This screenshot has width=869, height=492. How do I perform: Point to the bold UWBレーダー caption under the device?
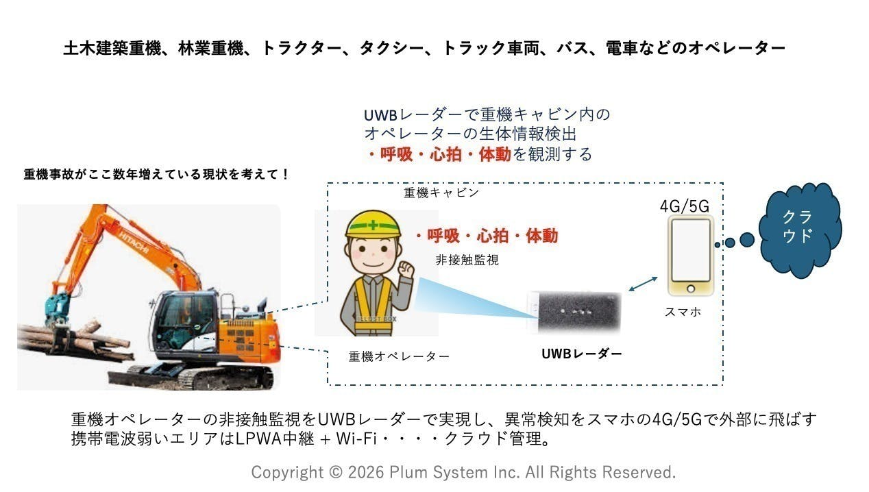tap(582, 354)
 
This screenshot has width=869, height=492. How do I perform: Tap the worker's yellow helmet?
tap(372, 223)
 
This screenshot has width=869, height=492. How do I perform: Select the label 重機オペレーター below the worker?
tap(399, 356)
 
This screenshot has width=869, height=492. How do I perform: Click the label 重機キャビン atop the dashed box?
tap(441, 193)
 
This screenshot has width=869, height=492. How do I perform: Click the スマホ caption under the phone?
tap(683, 312)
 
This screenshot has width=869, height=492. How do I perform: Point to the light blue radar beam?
tap(480, 298)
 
